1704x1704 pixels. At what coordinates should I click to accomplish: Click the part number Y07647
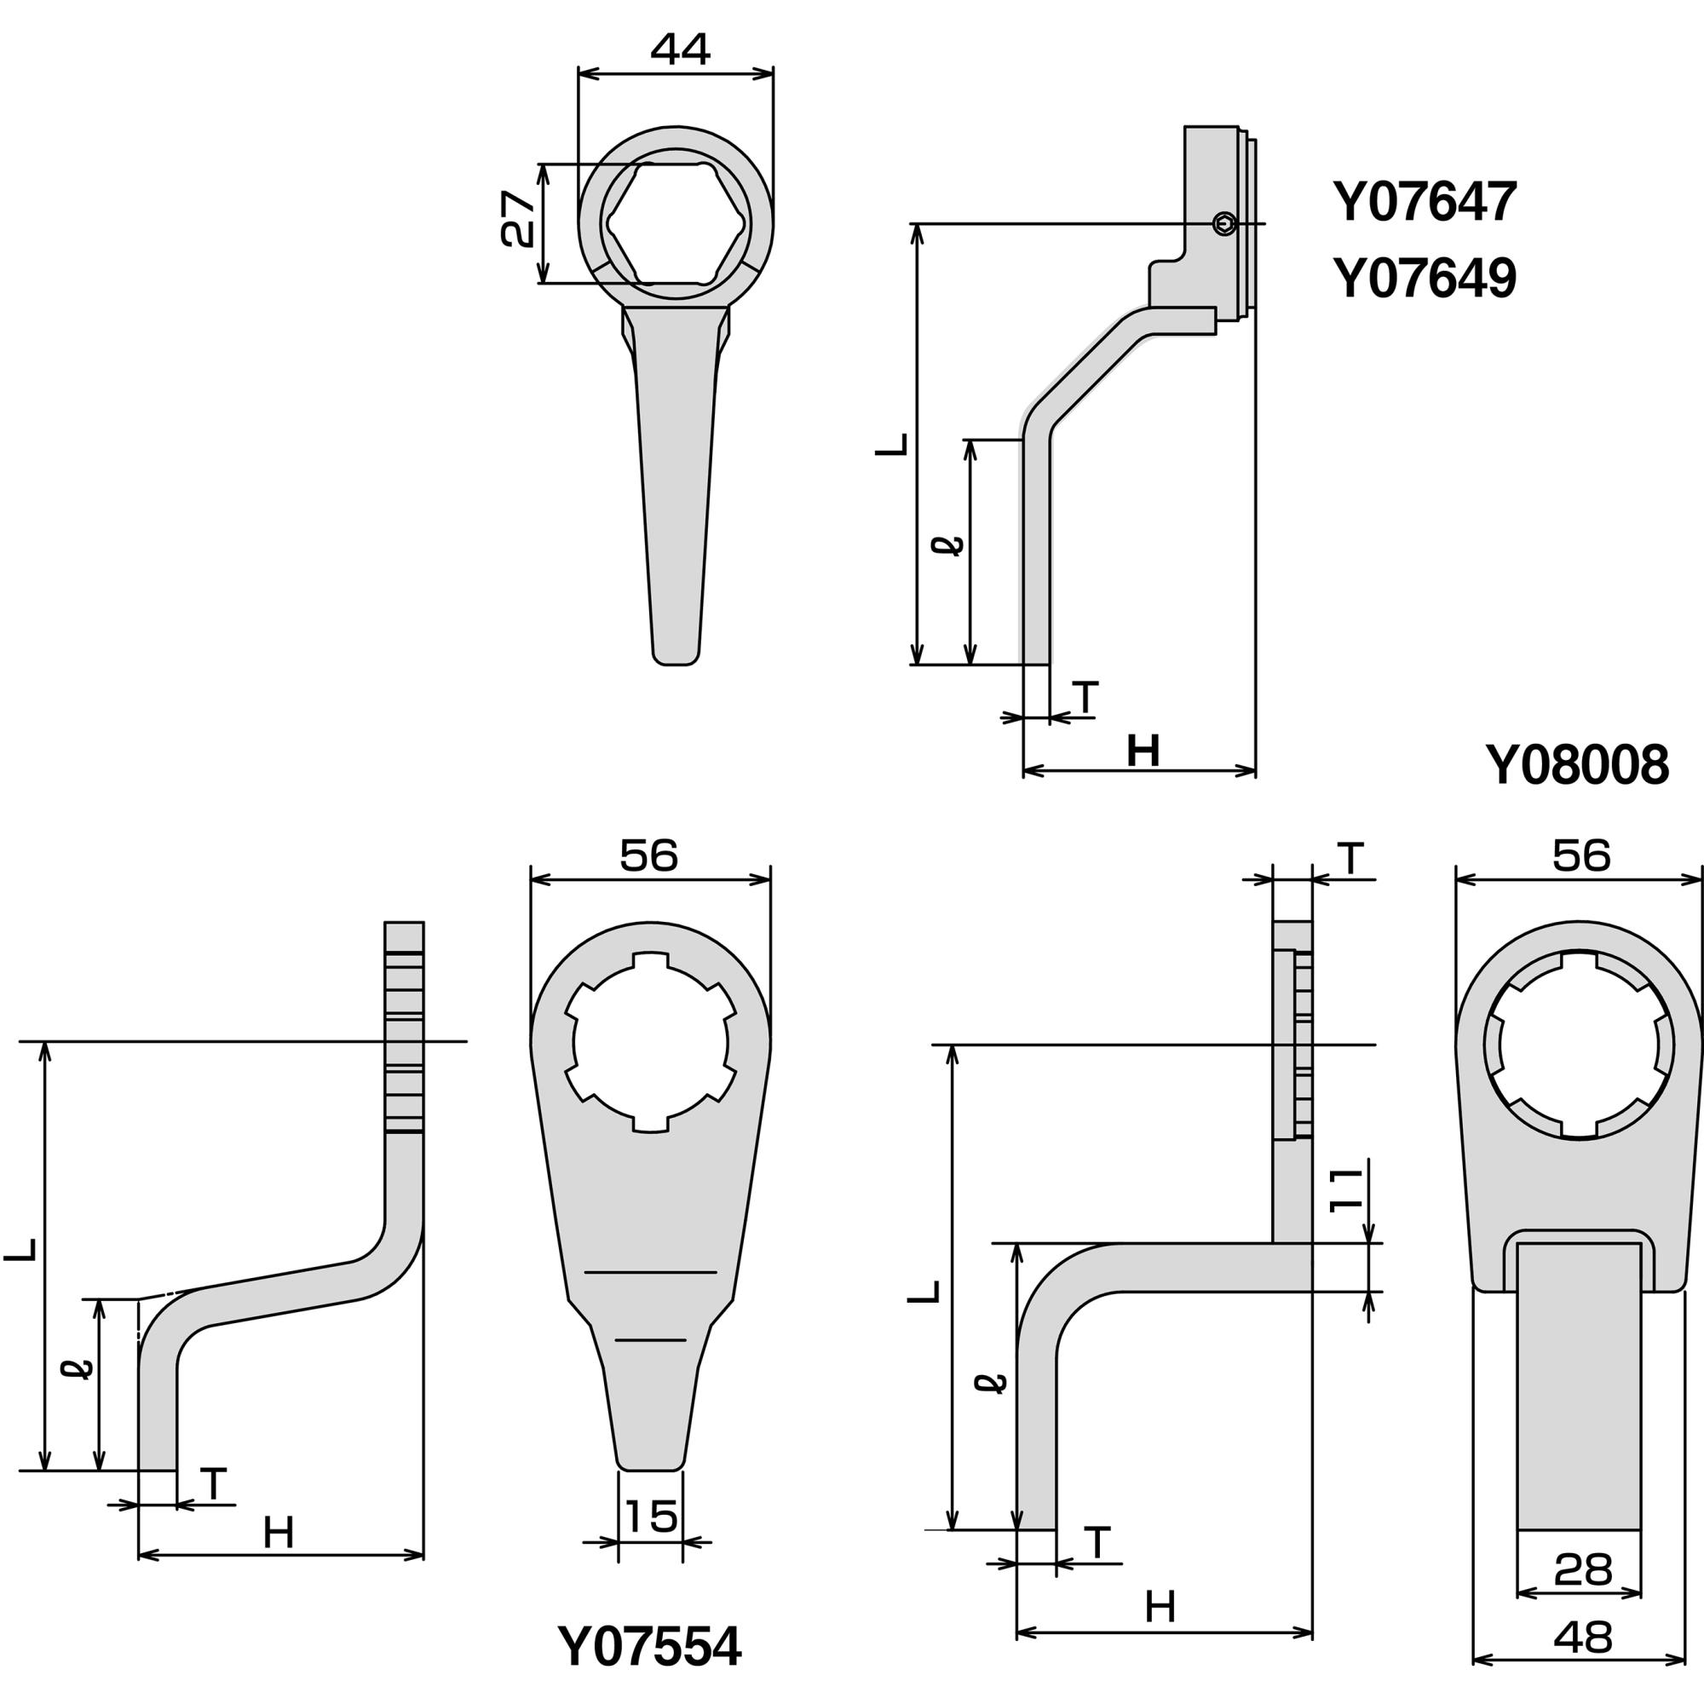[x=1425, y=202]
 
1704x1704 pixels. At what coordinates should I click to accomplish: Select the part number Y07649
[x=1425, y=278]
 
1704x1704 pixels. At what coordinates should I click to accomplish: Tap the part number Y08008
[x=1577, y=766]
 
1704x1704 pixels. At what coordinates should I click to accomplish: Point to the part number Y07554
[x=649, y=1646]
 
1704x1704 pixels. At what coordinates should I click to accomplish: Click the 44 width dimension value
[x=680, y=49]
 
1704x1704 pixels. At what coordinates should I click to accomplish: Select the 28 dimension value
[x=1583, y=1570]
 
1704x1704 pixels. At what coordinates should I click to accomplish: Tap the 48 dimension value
[x=1583, y=1638]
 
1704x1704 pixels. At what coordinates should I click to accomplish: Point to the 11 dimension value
[x=1347, y=1191]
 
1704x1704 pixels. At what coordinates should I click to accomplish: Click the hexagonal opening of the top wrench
[x=676, y=223]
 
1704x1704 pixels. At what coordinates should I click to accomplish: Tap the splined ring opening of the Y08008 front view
[x=1579, y=1046]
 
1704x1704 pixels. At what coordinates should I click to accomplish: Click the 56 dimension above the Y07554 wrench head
[x=649, y=855]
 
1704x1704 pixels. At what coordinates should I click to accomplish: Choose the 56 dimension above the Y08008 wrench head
[x=1582, y=855]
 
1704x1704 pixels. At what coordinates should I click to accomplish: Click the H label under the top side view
[x=1143, y=751]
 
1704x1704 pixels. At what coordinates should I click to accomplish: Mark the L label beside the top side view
[x=892, y=444]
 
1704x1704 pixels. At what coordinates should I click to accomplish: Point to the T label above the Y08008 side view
[x=1350, y=859]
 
